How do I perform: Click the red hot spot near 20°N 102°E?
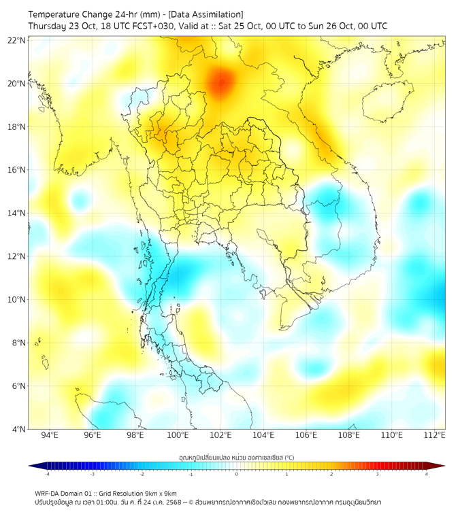(x=220, y=84)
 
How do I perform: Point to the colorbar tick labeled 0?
(x=237, y=474)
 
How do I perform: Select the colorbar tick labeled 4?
(x=427, y=474)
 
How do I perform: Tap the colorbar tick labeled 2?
(x=331, y=474)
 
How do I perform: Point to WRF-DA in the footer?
(x=48, y=494)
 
